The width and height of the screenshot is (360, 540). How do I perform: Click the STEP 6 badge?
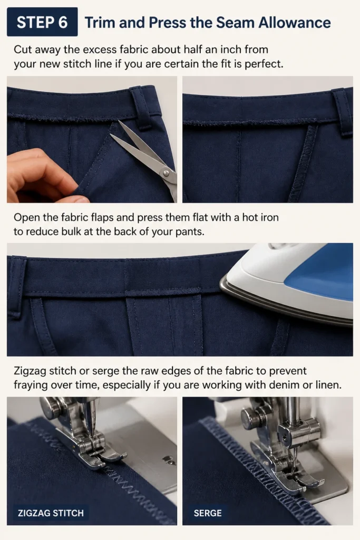click(x=42, y=22)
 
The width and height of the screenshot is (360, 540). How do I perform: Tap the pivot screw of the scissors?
click(x=167, y=171)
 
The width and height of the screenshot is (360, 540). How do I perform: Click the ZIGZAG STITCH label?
click(x=51, y=513)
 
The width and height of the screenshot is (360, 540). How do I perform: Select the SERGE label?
click(x=208, y=513)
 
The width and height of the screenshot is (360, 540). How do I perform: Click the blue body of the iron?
click(x=318, y=272)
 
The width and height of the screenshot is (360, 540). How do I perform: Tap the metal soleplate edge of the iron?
click(x=286, y=303)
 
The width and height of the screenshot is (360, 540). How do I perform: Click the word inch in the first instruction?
click(x=231, y=50)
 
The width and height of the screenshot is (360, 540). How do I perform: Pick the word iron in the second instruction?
click(x=269, y=218)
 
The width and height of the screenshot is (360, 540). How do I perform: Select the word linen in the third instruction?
click(x=329, y=384)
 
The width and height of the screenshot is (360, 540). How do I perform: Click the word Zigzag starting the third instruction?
click(x=30, y=371)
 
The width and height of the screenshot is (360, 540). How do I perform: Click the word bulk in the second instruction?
click(x=72, y=232)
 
